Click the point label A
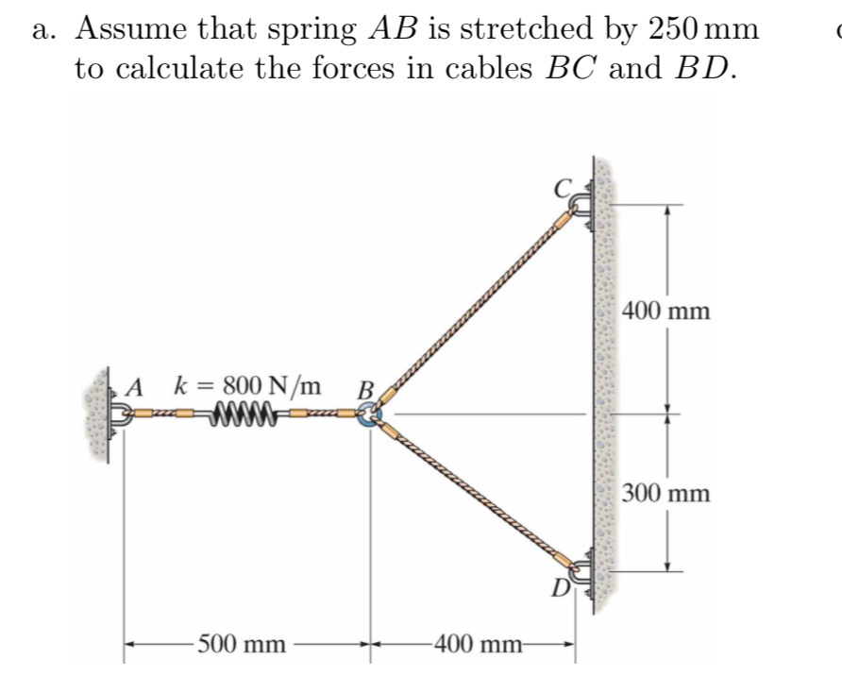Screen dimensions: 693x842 point(136,387)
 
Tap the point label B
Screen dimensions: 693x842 point(364,389)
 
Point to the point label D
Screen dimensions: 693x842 point(561,591)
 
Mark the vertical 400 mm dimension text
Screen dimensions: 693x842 point(666,311)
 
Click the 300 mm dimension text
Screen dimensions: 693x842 point(666,493)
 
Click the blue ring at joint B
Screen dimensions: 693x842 point(367,414)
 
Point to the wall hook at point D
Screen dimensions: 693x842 point(580,568)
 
